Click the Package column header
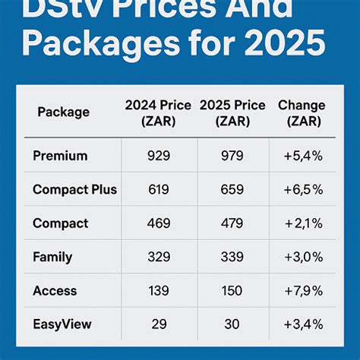pos(64,112)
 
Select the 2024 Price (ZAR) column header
pos(158,113)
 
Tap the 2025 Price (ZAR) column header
pos(232,113)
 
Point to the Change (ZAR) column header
pos(302,113)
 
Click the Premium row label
pos(61,156)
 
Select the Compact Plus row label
pos(74,189)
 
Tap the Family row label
pos(52,257)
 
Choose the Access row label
pos(55,290)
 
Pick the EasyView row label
pos(62,324)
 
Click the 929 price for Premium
pos(158,156)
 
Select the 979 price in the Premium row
pos(232,156)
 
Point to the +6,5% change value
pos(302,189)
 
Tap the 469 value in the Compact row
pos(158,223)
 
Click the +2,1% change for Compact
pos(302,223)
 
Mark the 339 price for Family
pos(232,257)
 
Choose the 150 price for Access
pos(232,290)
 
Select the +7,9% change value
pos(302,290)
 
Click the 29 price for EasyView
pos(158,324)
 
